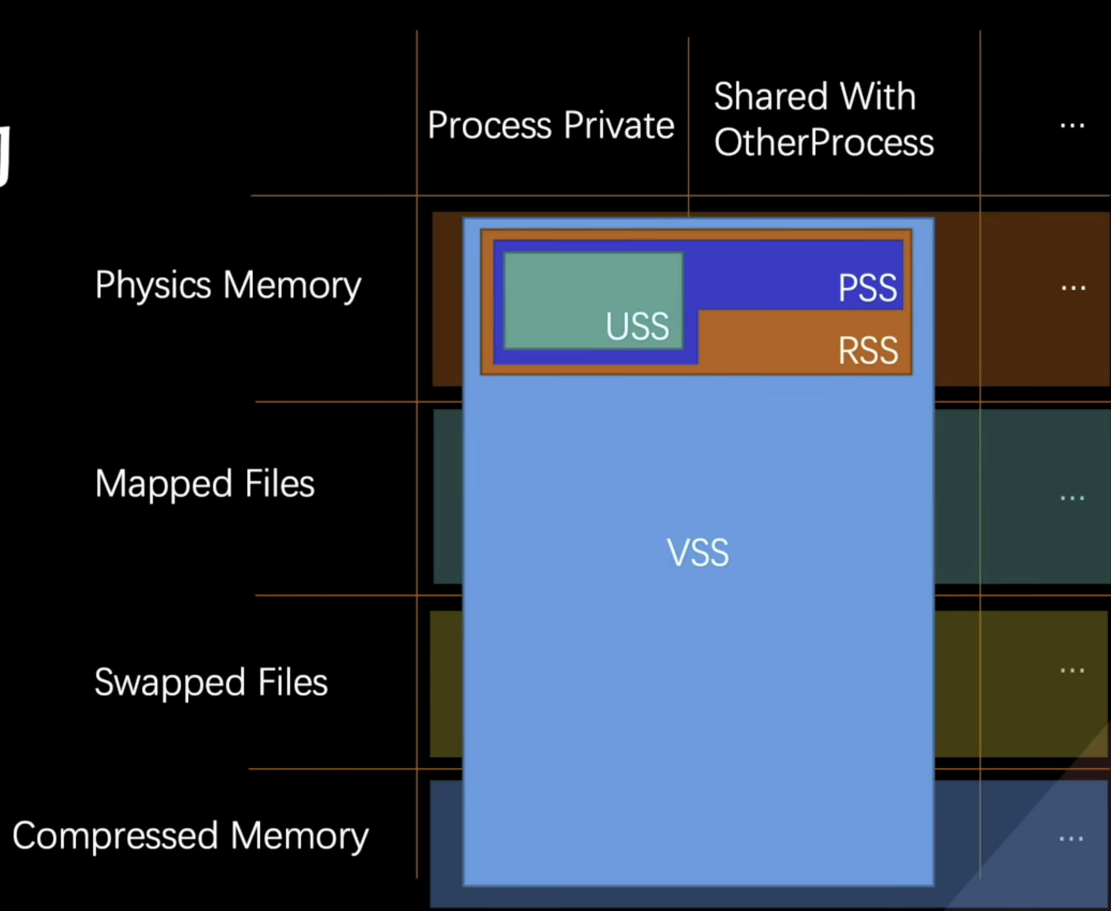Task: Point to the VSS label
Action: tap(698, 552)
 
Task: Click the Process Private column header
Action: tap(551, 125)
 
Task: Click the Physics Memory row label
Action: tap(228, 286)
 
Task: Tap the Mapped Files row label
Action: tap(205, 483)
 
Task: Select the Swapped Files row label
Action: tap(211, 682)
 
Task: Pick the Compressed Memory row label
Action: tap(191, 836)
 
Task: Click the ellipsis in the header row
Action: tap(1072, 126)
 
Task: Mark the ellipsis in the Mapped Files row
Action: tap(1072, 497)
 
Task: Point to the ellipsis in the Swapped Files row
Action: tap(1072, 671)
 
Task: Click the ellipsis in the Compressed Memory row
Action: tap(1071, 839)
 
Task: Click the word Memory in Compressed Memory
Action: tap(299, 836)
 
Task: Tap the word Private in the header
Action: tap(619, 125)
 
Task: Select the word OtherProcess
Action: tap(824, 143)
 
